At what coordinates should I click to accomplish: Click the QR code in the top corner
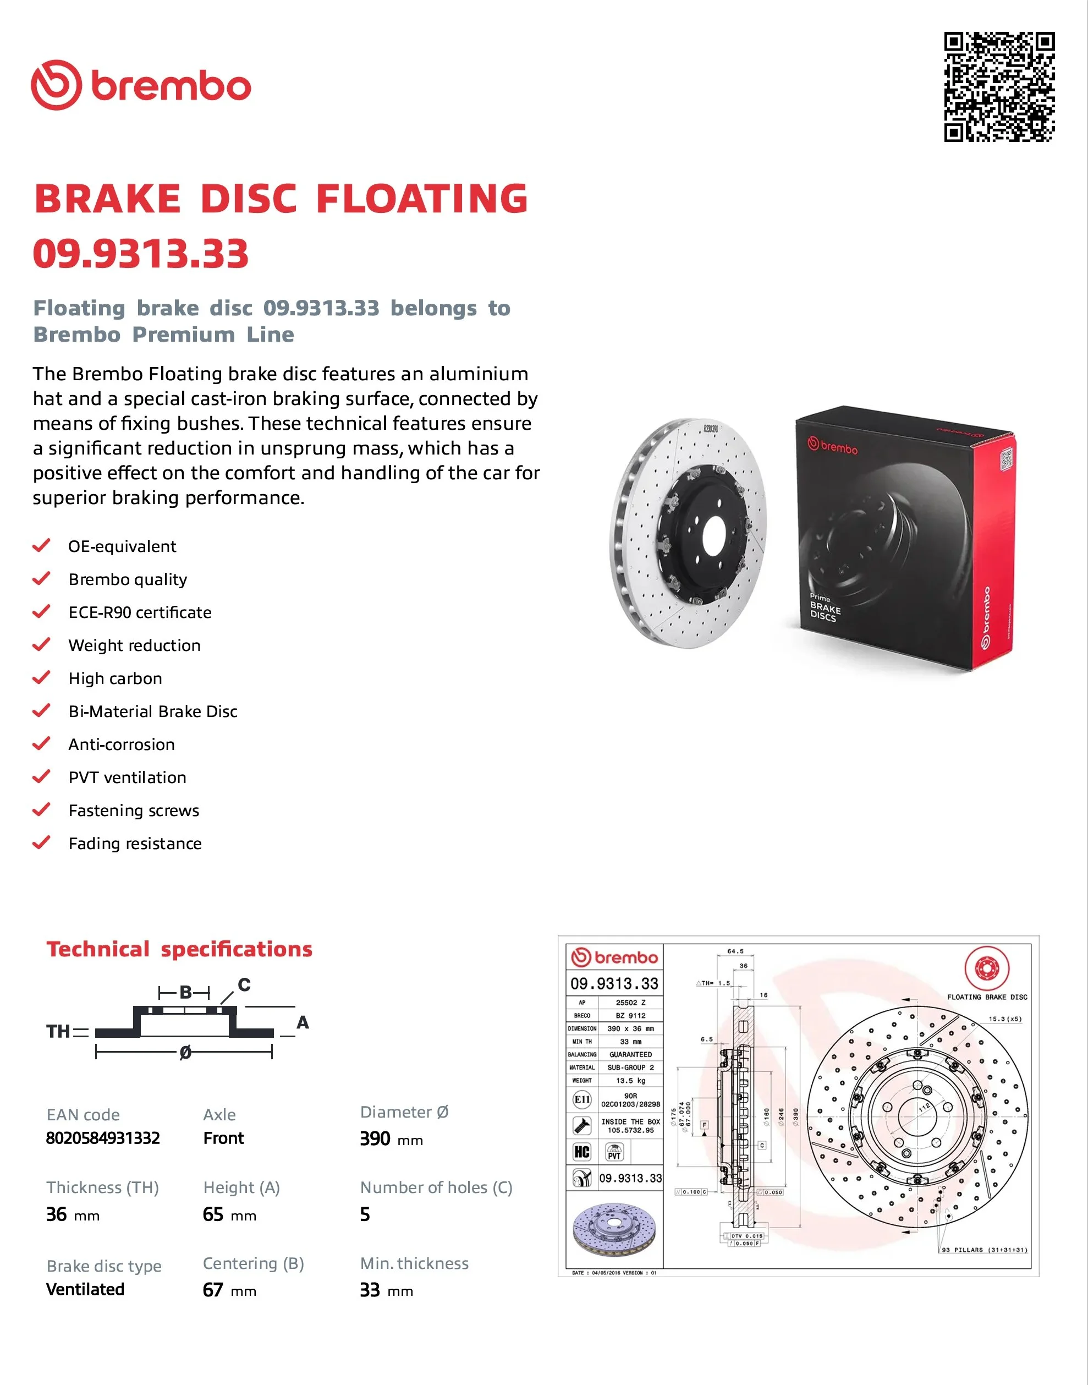coord(998,86)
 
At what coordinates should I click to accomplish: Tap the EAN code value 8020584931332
coord(102,1138)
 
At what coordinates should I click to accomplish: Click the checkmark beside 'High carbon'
coord(41,678)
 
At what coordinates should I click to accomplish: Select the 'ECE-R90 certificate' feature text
coord(140,612)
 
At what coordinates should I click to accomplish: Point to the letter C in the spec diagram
coord(244,985)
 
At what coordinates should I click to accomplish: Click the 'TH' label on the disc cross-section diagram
coord(58,1031)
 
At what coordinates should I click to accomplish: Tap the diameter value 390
coord(375,1138)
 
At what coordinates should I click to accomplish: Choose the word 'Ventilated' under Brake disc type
coord(85,1289)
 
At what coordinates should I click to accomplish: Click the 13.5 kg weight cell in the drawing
coord(630,1081)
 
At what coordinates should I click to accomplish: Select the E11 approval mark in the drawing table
coord(582,1099)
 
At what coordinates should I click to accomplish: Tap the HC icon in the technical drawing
coord(581,1152)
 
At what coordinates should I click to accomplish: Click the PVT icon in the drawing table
coord(614,1152)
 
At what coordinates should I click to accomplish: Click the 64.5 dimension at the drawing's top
coord(735,951)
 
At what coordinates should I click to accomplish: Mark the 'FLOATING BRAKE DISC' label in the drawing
coord(987,997)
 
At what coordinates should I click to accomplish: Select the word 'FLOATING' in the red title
coord(422,198)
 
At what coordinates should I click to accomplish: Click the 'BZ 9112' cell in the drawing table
coord(630,1015)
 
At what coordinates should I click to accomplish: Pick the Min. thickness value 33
coord(370,1290)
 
